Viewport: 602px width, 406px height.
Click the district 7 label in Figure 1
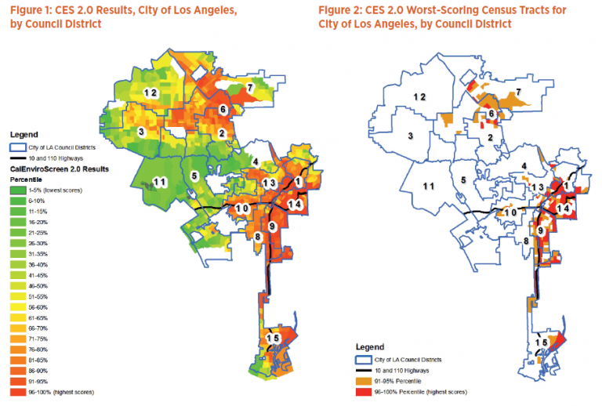(249, 86)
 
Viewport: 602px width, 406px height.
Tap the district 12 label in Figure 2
(419, 96)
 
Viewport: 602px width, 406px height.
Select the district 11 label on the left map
(160, 182)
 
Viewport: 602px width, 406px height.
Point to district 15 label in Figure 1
(272, 338)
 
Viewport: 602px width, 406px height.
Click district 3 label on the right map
(410, 136)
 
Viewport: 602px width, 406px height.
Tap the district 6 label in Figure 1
(223, 109)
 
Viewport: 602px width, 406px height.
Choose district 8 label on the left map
(257, 236)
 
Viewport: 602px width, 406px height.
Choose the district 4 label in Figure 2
(521, 167)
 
